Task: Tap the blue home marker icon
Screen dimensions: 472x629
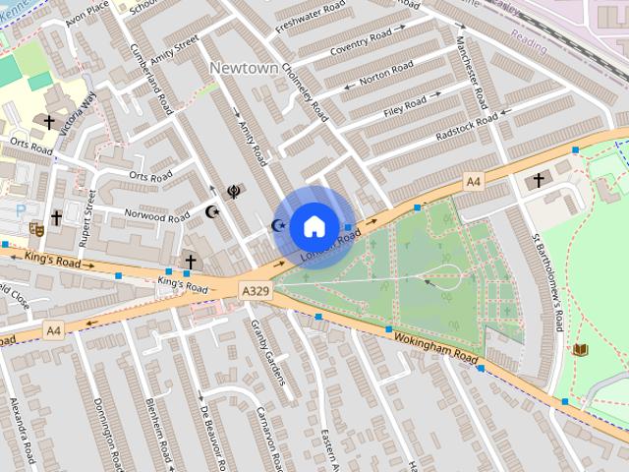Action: pos(314,226)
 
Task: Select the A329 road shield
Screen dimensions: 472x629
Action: pos(254,290)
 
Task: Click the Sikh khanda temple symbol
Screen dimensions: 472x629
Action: pos(233,193)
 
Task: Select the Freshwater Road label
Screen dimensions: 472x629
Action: pos(311,19)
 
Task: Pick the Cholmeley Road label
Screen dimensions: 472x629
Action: pos(305,90)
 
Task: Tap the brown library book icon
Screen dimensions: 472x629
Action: pos(580,349)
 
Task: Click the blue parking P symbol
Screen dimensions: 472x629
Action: pos(21,210)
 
